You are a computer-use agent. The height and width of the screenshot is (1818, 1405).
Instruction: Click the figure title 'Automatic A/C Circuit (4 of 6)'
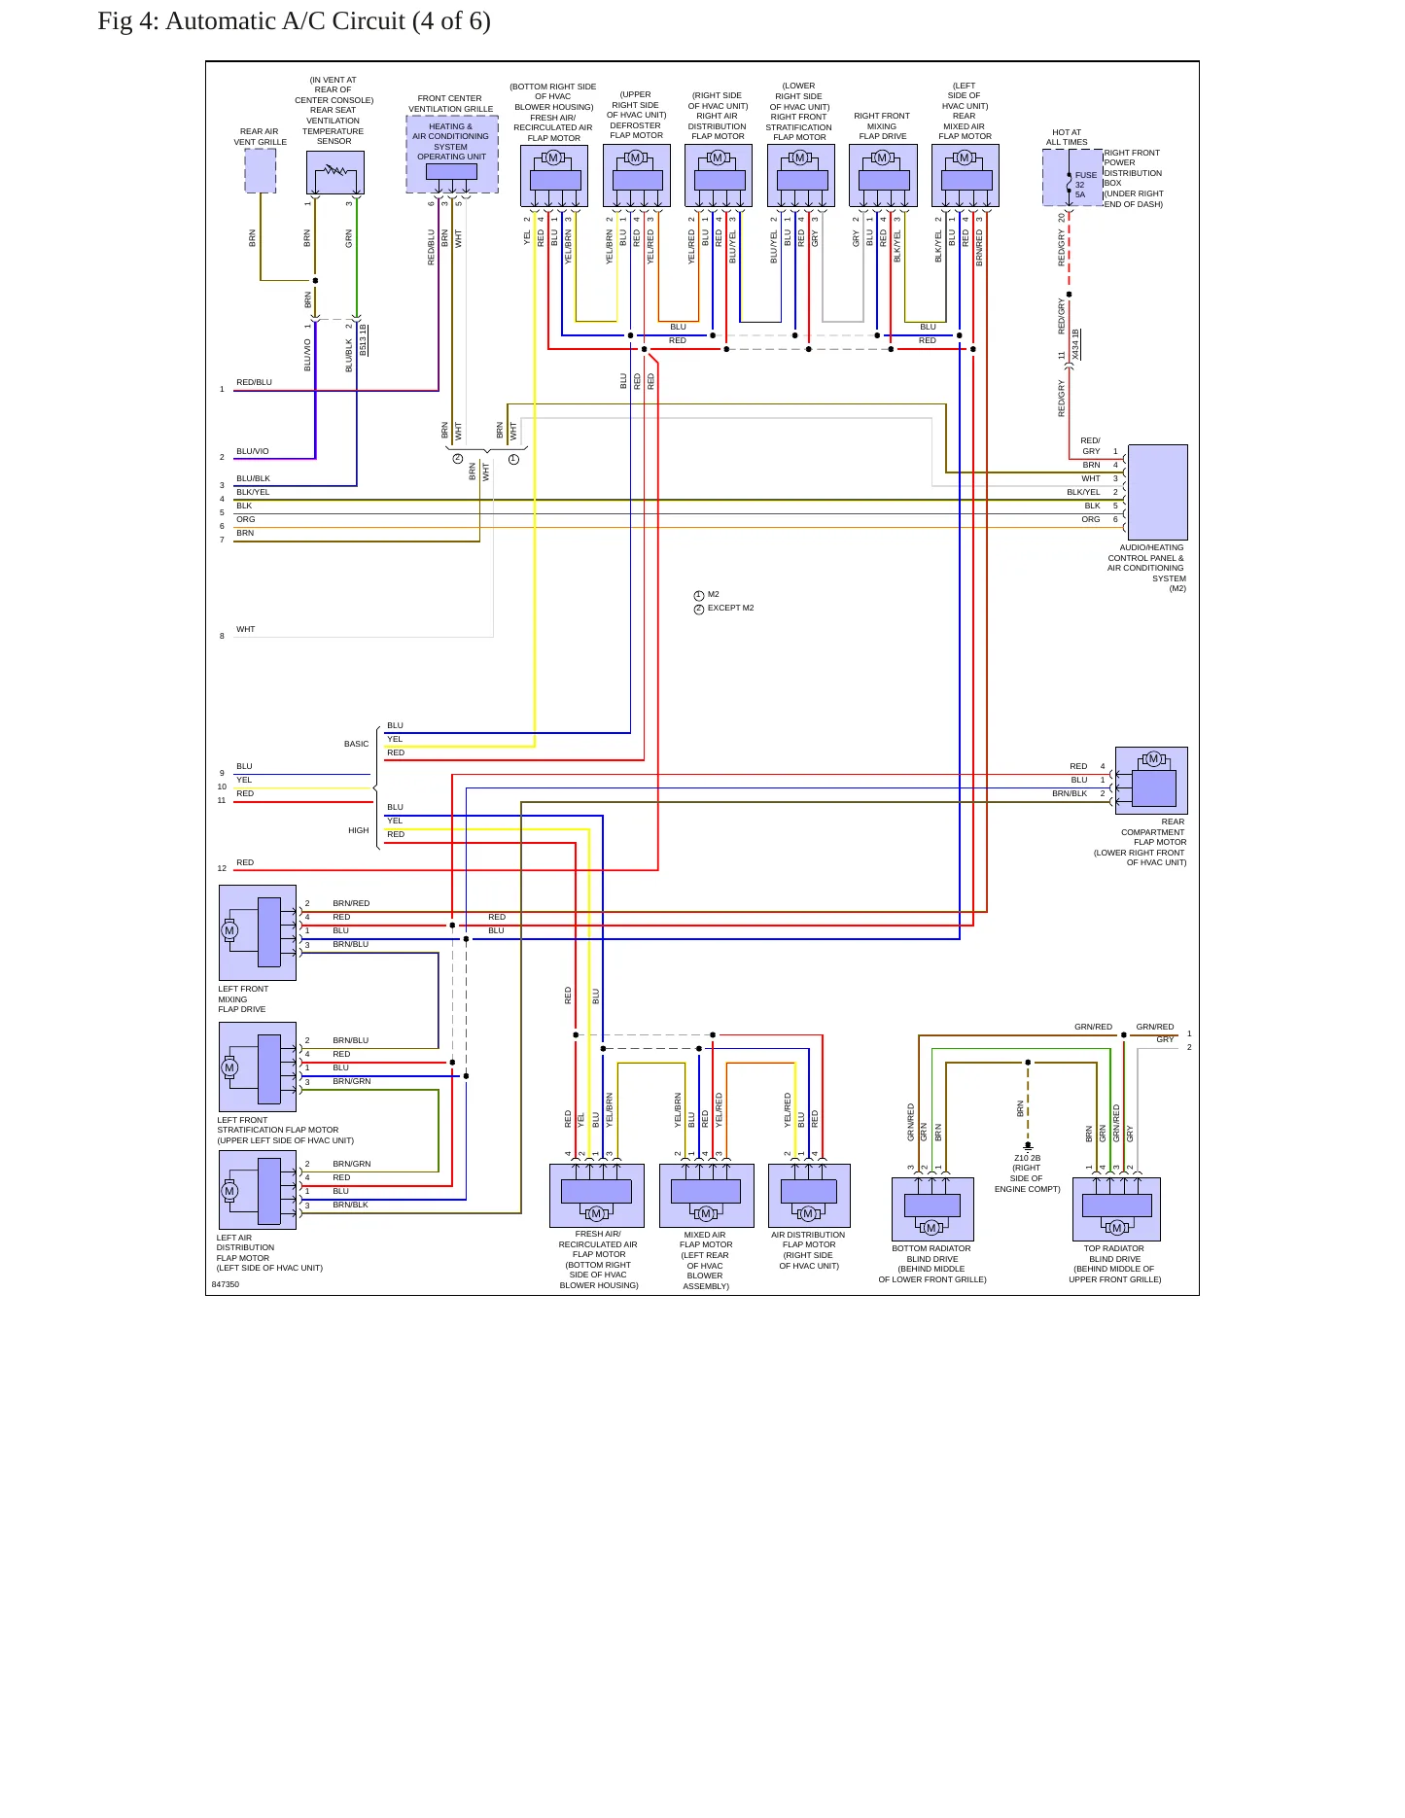(328, 21)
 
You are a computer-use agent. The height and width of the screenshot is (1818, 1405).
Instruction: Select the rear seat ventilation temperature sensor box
(335, 173)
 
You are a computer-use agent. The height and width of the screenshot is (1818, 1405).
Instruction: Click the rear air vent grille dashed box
(261, 171)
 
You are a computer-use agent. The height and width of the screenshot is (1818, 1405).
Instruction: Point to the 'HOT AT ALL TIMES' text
(1067, 137)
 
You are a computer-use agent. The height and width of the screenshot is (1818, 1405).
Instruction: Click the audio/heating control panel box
(1157, 491)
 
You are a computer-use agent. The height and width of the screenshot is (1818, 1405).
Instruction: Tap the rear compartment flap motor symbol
(1151, 780)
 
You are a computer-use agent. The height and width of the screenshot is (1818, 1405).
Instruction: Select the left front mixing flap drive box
(258, 932)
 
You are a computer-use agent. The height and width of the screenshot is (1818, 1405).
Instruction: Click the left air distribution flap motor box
(258, 1190)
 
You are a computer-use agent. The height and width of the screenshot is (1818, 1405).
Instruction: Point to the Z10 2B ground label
(1027, 1158)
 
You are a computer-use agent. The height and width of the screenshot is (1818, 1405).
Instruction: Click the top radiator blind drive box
(1116, 1209)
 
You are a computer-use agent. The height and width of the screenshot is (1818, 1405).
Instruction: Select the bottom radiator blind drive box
(932, 1209)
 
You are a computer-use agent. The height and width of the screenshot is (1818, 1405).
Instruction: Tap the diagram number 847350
(226, 1284)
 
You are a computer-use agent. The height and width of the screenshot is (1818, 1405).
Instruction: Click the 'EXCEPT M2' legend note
(730, 608)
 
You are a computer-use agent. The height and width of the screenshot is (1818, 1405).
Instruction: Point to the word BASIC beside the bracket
(356, 744)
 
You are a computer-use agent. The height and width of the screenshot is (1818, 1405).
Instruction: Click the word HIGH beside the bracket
(358, 830)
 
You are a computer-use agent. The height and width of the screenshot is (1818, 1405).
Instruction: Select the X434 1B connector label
(1075, 344)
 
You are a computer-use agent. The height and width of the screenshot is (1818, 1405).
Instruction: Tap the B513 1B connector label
(363, 339)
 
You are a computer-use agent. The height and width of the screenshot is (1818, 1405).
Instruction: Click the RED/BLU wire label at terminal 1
(254, 382)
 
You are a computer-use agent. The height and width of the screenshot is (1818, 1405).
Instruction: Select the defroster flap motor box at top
(637, 175)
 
